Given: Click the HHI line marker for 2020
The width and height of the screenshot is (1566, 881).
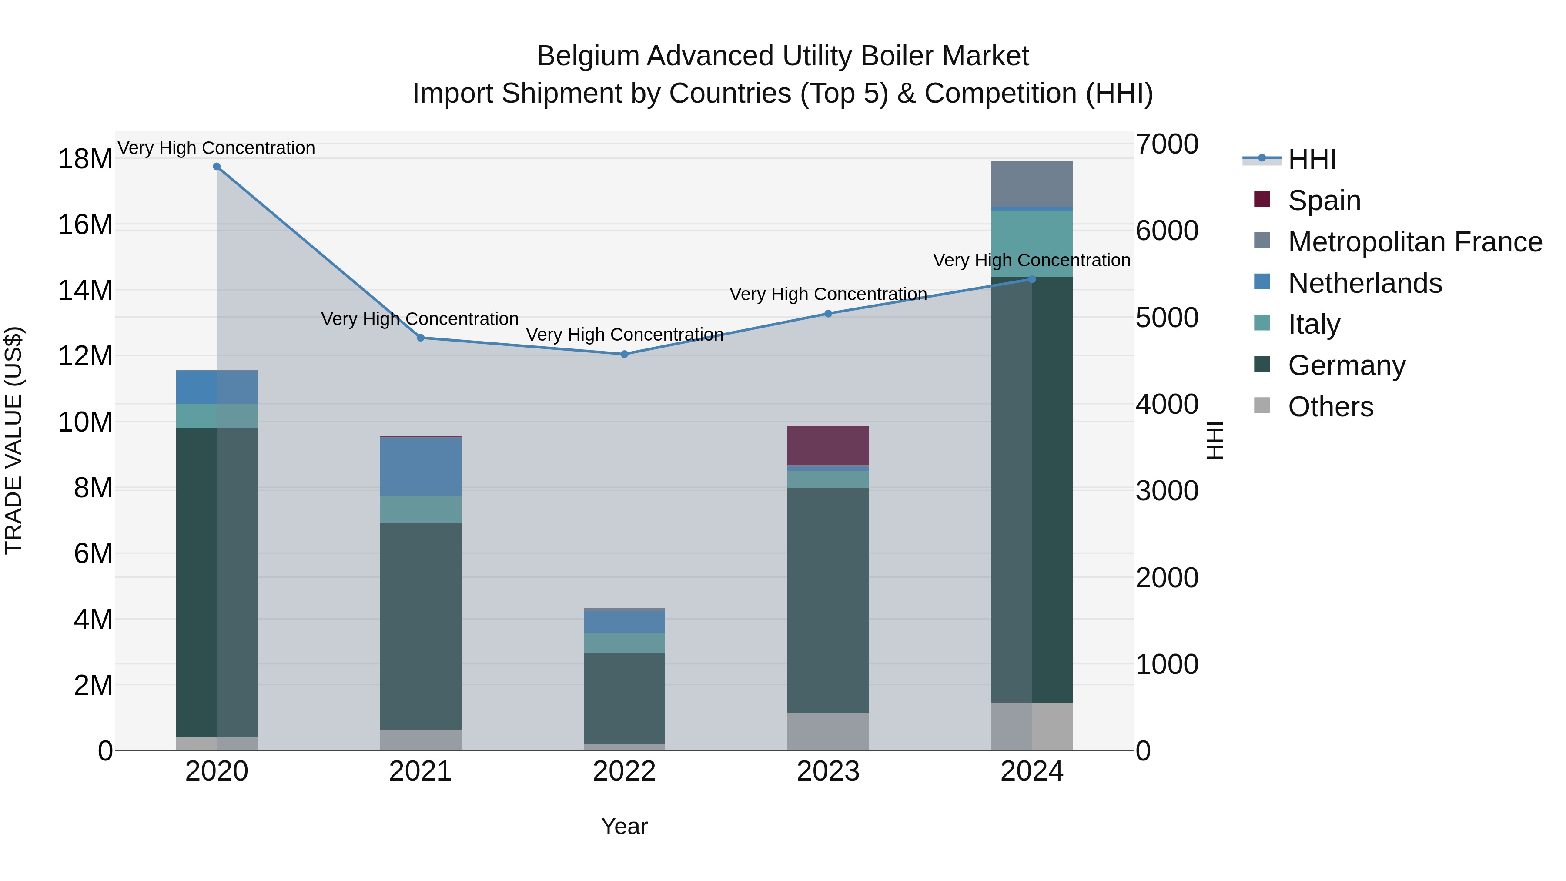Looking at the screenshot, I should (x=217, y=167).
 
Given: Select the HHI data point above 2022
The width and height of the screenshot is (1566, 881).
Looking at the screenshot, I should (x=624, y=354).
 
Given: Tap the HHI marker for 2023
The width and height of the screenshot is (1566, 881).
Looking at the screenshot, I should (x=828, y=314).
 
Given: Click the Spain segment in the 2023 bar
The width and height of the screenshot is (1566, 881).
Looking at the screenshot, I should (x=828, y=445).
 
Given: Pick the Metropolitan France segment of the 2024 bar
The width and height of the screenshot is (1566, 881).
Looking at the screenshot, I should (x=1032, y=184).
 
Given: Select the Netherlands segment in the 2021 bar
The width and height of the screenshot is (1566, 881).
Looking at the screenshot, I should (x=420, y=466).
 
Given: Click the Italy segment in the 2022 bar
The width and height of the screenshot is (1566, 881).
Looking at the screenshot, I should (x=624, y=643).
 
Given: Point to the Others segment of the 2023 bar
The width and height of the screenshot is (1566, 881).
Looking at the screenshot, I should (x=828, y=731).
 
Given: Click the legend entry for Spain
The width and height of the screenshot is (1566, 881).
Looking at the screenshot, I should (x=1323, y=200).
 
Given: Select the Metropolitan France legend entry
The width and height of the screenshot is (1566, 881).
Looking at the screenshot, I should (x=1414, y=241).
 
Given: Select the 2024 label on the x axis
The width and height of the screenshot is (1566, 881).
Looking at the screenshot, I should (x=1032, y=771).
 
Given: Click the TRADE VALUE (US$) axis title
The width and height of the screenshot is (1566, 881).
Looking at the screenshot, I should (x=13, y=440).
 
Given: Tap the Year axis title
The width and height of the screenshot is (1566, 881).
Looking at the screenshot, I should (x=624, y=826).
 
